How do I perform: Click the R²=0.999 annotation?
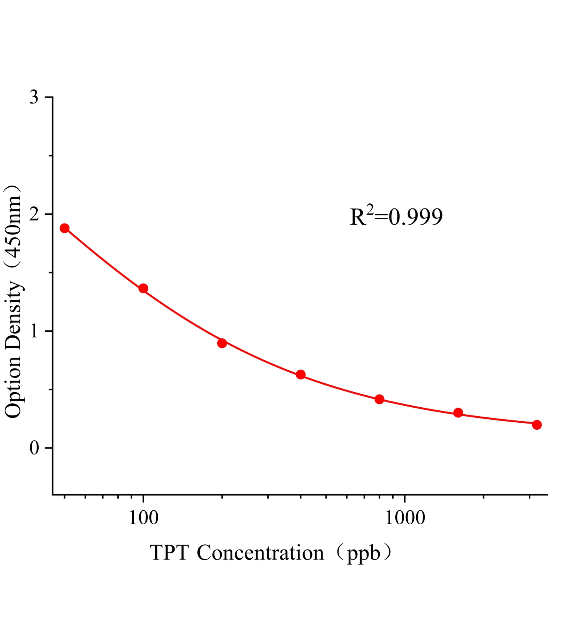coord(396,217)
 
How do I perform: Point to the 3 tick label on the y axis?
coord(34,97)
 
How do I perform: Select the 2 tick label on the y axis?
coord(34,214)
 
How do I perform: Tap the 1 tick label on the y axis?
coord(35,331)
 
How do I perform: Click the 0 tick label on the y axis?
coord(34,448)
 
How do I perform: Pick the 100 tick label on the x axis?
coord(143,518)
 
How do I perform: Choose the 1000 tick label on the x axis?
coord(405,518)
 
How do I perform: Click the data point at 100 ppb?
coord(143,288)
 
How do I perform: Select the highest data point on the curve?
coord(64,228)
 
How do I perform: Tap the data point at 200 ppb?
coord(222,343)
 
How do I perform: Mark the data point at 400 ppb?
coord(301,374)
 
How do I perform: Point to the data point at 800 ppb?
coord(379,399)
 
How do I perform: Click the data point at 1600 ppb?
coord(458,413)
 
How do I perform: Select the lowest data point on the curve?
coord(537,425)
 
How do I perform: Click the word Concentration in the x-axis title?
coord(260,553)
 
